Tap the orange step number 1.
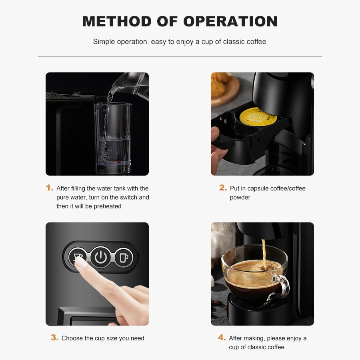(50, 188)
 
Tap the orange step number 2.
(223, 188)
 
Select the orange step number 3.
(55, 338)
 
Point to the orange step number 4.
(222, 338)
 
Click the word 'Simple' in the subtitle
(104, 42)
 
